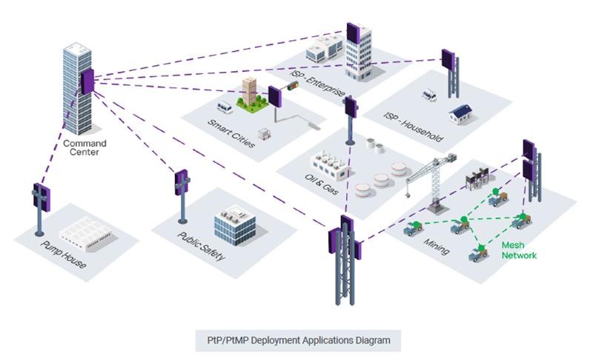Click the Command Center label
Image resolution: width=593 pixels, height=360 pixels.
tap(84, 147)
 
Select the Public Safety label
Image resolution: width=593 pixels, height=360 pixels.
tap(201, 247)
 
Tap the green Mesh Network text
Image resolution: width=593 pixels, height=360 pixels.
tap(519, 250)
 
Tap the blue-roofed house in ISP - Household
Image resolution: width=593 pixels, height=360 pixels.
tap(461, 113)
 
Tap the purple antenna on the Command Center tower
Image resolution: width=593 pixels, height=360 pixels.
tap(88, 81)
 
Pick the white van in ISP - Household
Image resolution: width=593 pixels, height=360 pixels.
tap(429, 95)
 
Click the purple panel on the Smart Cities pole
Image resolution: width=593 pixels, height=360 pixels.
tap(274, 97)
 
